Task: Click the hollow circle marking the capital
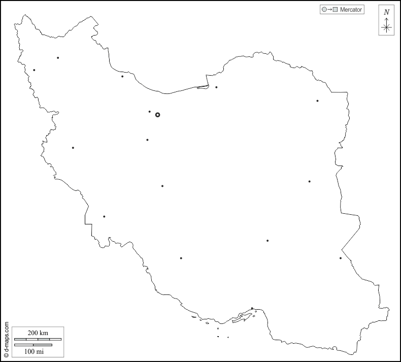coord(157,115)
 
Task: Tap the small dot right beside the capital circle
coord(149,112)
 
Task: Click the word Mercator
coord(351,10)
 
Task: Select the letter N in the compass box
coord(386,12)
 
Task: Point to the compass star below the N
coord(386,27)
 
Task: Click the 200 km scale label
coord(38,333)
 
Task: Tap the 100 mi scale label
coord(34,351)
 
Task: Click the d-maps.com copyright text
coord(6,340)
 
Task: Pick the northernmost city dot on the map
coord(58,58)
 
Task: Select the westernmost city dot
coord(34,70)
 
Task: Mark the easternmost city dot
coord(341,258)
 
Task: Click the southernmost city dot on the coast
coord(252,308)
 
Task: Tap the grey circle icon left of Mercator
coord(324,10)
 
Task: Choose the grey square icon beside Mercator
coord(335,10)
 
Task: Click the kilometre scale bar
coord(38,339)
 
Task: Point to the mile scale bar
coord(34,345)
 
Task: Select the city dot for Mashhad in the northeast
coord(318,101)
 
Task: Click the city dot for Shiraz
coord(181,258)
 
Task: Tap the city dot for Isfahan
coord(162,186)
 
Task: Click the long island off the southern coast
coord(243,318)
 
